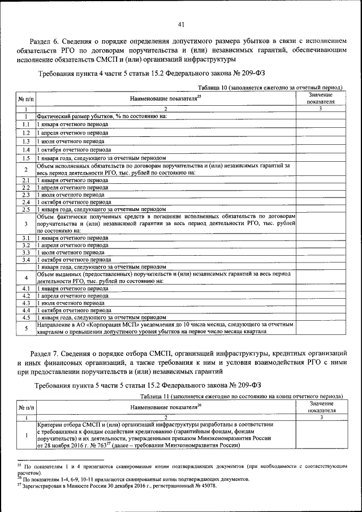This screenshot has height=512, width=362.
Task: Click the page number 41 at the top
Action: coord(181,24)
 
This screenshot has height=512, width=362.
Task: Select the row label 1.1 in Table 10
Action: coord(26,124)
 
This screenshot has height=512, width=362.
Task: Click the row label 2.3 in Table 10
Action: coord(26,194)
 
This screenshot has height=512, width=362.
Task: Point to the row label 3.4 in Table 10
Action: coord(26,260)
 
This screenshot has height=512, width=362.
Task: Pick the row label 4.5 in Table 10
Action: coord(26,317)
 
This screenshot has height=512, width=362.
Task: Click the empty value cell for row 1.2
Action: coord(320,132)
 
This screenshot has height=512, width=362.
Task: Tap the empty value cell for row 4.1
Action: coord(320,288)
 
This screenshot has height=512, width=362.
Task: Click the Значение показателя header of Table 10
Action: coord(320,98)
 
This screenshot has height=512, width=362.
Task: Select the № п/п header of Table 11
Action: coord(26,407)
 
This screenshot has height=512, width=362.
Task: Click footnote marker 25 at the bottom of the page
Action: coord(19,462)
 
